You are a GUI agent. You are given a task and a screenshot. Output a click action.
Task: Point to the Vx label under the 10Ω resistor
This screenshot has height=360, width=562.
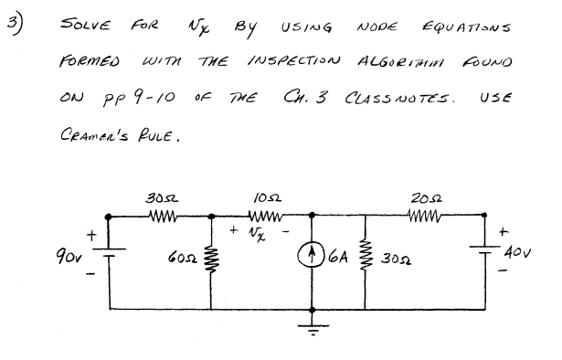[x=264, y=234]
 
